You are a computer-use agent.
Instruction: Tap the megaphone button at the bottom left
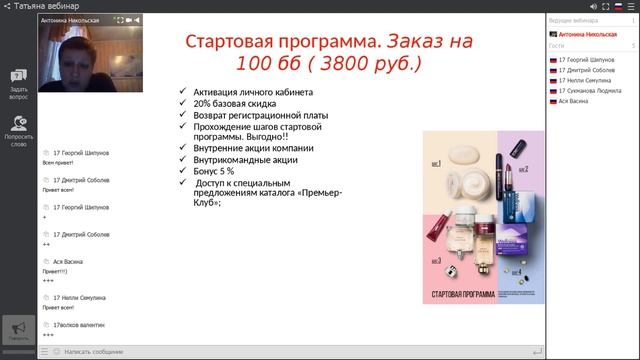[x=18, y=331]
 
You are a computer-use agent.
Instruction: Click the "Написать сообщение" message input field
[x=290, y=351]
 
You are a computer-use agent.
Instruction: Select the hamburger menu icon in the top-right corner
[x=631, y=6]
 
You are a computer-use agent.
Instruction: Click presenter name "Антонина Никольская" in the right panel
[x=589, y=33]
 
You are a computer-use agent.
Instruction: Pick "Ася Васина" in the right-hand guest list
[x=574, y=102]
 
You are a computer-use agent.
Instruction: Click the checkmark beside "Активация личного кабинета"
[x=182, y=92]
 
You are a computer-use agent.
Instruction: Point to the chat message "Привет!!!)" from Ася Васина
[x=55, y=271]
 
